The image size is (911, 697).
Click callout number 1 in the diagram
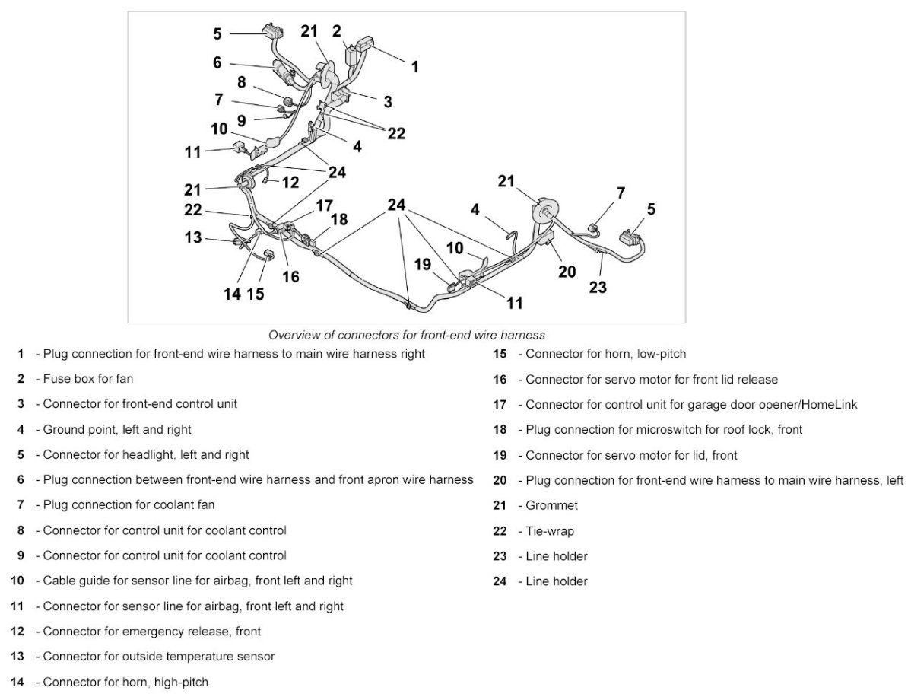[x=414, y=67]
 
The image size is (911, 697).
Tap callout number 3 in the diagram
[x=388, y=100]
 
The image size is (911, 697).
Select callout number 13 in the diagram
[x=194, y=237]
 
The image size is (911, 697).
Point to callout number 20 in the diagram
[x=567, y=271]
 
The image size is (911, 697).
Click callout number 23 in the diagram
[x=598, y=287]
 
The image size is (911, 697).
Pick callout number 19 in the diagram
[x=424, y=264]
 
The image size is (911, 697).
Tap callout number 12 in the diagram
[x=290, y=183]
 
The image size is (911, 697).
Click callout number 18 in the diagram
[x=339, y=219]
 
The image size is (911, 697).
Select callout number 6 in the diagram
[x=217, y=63]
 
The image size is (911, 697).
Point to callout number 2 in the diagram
[x=336, y=31]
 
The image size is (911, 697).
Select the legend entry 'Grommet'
[x=551, y=505]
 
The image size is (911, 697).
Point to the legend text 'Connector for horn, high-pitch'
[x=125, y=682]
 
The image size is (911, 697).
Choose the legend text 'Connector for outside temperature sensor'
[x=159, y=656]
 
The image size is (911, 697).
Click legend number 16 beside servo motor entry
[x=500, y=379]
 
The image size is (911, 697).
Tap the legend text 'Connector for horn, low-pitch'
[x=605, y=354]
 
